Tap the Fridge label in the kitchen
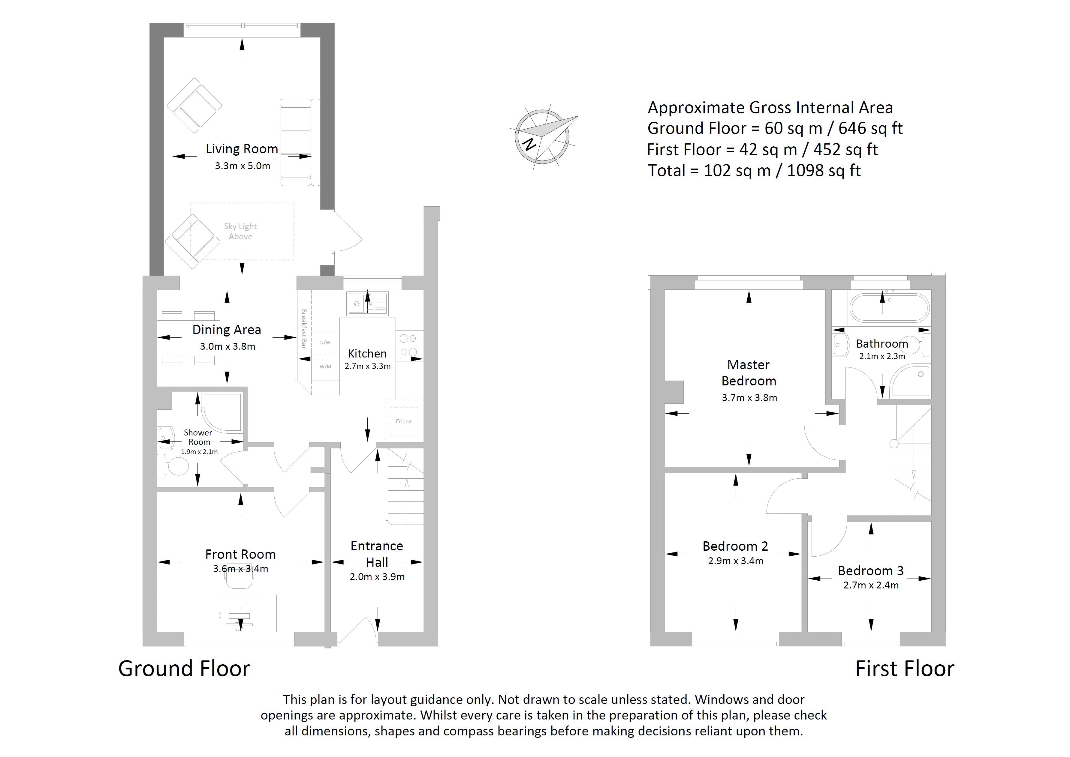403,421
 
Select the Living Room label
242,149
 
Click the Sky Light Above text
240,231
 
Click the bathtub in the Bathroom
889,308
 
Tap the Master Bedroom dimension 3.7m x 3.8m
749,398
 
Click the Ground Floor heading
184,669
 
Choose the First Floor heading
904,669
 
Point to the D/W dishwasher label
325,343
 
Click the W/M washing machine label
325,367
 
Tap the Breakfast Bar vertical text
304,329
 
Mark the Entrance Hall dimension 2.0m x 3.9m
377,577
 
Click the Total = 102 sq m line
754,171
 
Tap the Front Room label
240,554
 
